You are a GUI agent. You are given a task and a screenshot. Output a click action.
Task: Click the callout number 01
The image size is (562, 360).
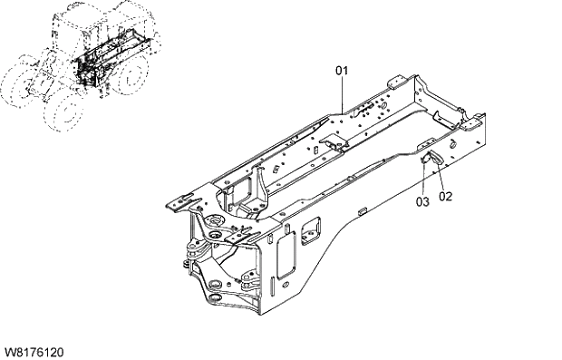pyautogui.click(x=342, y=69)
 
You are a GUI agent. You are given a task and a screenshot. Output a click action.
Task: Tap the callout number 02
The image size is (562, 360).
pyautogui.click(x=446, y=195)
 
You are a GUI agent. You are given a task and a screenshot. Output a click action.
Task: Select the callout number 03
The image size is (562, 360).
pyautogui.click(x=422, y=201)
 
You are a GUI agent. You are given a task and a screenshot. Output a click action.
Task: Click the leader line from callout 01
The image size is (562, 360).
pyautogui.click(x=343, y=95)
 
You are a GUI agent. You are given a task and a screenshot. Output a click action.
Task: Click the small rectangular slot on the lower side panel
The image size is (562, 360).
pyautogui.click(x=361, y=210)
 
